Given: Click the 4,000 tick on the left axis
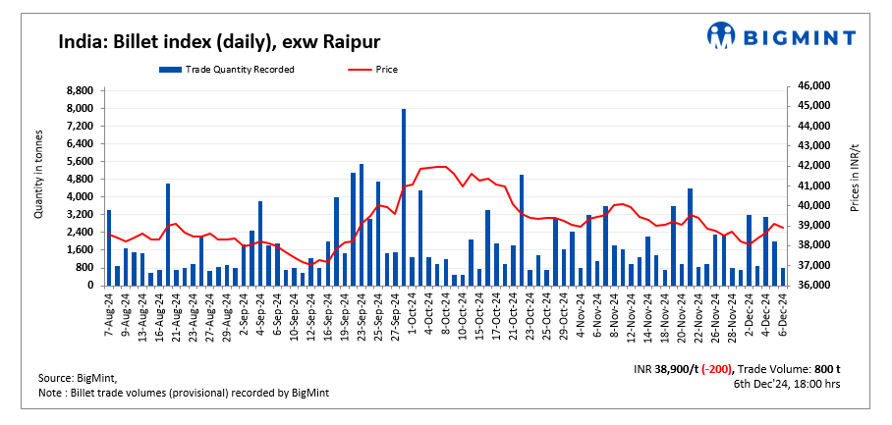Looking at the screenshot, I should click(79, 197).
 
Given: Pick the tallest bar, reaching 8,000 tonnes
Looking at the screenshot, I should click(404, 196).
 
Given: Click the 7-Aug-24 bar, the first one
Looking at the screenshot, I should click(108, 247).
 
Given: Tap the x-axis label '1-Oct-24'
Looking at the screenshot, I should click(404, 314).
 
